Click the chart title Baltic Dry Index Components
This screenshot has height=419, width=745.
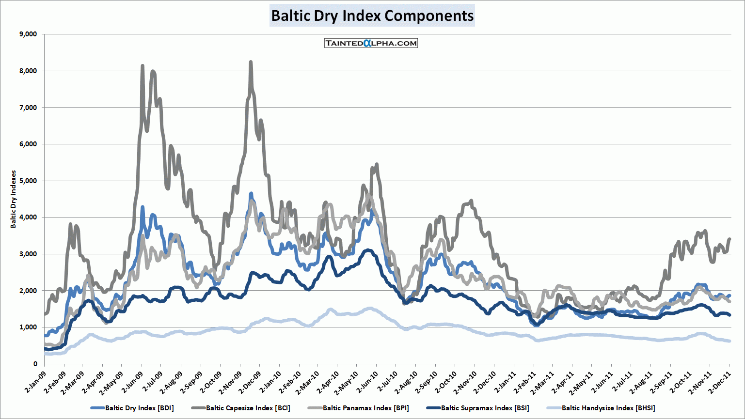(372, 16)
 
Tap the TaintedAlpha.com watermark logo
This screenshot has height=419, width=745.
(371, 43)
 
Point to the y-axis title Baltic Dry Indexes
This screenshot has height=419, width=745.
(14, 199)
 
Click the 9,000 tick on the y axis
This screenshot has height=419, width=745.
(28, 34)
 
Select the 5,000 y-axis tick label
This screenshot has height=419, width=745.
(28, 181)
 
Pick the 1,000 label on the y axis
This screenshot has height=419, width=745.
(28, 327)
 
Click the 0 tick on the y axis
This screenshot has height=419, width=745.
(35, 364)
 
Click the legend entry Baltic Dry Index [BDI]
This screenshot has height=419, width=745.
(139, 408)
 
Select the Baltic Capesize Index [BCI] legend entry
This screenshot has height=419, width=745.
(248, 408)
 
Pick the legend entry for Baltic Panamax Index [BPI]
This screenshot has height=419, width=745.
(365, 408)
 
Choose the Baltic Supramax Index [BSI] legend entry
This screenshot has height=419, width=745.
(485, 408)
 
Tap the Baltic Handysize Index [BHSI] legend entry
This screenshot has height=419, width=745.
(608, 408)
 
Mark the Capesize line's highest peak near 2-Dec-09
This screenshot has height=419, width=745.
(251, 62)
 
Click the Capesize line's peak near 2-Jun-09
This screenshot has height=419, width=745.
(142, 65)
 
